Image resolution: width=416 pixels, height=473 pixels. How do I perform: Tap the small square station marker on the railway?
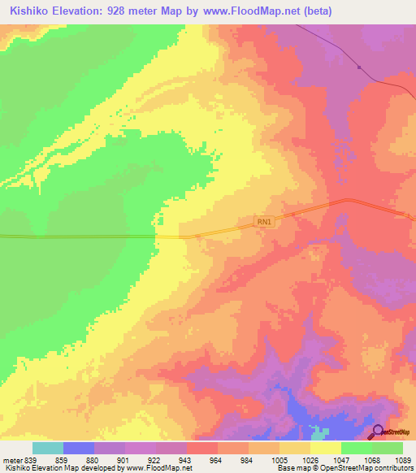(358, 67)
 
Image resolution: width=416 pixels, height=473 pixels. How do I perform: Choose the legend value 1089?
(392, 459)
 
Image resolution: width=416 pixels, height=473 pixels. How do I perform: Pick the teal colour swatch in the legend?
(47, 448)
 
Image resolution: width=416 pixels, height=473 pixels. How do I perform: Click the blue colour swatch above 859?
(78, 448)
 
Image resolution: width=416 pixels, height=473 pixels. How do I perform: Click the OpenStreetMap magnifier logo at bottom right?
(379, 432)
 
